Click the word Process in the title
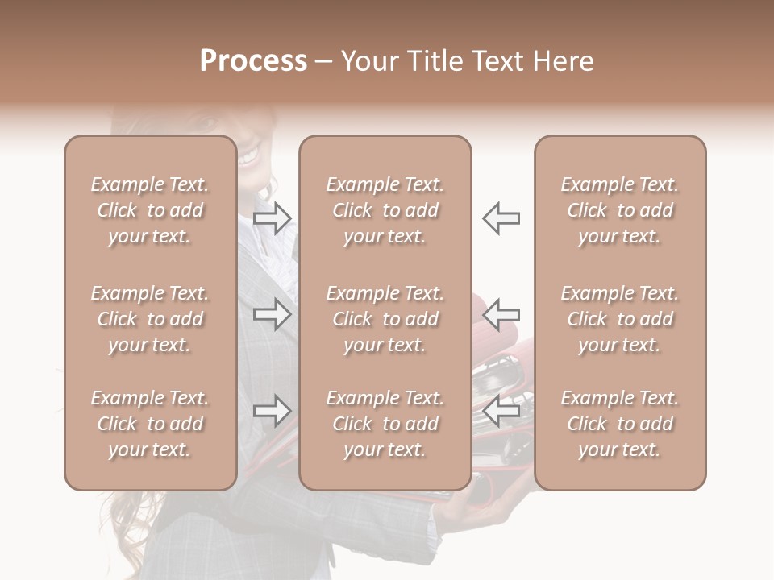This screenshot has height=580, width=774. (x=253, y=61)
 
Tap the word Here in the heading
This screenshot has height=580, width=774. (x=561, y=61)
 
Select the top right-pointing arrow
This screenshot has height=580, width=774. (x=272, y=217)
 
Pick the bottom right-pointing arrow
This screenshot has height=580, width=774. (x=272, y=411)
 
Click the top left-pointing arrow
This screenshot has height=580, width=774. (x=501, y=217)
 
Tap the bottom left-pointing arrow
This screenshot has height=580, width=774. (x=501, y=411)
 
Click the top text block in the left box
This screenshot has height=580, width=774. (x=150, y=210)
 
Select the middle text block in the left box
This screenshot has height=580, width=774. (x=150, y=319)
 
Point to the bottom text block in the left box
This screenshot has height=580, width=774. (x=150, y=424)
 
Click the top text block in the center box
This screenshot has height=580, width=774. (x=385, y=210)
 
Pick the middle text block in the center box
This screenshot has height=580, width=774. (x=385, y=319)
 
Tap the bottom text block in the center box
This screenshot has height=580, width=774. (x=385, y=424)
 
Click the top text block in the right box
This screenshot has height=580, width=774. (x=619, y=210)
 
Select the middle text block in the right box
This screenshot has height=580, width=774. (x=619, y=319)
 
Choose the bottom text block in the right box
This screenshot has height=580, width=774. (x=619, y=424)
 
